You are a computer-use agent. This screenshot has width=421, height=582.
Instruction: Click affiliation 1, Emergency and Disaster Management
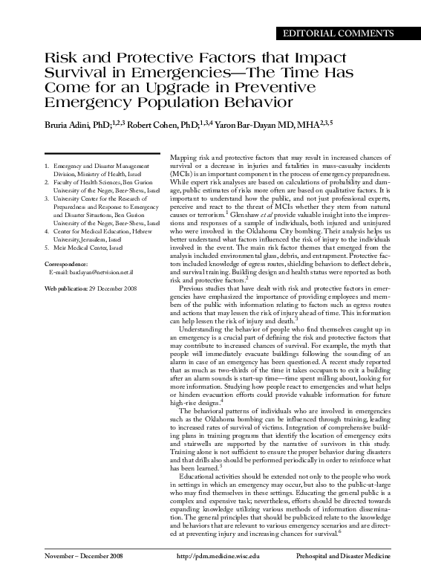pos(96,166)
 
